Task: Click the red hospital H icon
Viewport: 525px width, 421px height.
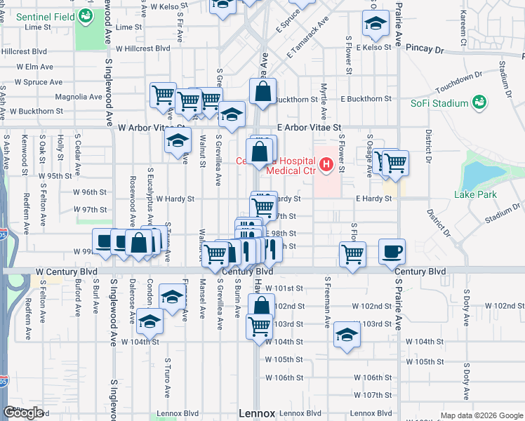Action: click(x=326, y=166)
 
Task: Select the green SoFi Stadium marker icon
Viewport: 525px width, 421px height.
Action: click(x=479, y=103)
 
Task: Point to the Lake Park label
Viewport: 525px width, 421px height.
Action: click(x=474, y=194)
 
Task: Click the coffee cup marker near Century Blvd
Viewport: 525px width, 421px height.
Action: click(x=392, y=250)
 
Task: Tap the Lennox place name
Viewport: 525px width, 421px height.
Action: click(x=257, y=413)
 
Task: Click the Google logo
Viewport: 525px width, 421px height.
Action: click(x=23, y=412)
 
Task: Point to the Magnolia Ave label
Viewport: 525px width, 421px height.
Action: click(x=79, y=97)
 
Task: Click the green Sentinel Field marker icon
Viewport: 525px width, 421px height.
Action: click(x=86, y=15)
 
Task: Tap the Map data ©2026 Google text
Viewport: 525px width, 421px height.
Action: click(x=481, y=415)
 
